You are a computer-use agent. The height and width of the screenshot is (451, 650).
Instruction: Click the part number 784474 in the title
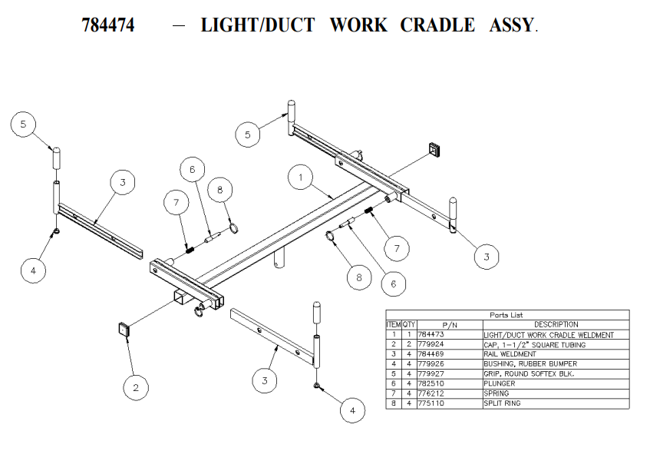point(108,25)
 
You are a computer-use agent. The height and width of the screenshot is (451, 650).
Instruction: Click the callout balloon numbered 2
point(137,387)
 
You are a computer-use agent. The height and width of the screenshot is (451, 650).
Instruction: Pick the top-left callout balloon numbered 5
point(24,124)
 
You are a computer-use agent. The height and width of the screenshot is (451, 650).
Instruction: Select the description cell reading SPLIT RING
point(503,403)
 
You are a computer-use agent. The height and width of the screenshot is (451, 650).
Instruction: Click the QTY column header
point(409,325)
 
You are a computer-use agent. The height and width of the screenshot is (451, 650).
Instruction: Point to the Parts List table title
point(507,315)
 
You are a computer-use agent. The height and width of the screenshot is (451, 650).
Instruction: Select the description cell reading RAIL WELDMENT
point(510,354)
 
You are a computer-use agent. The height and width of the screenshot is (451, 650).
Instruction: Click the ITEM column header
point(394,325)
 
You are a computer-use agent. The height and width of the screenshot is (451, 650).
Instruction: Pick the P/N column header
point(448,325)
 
